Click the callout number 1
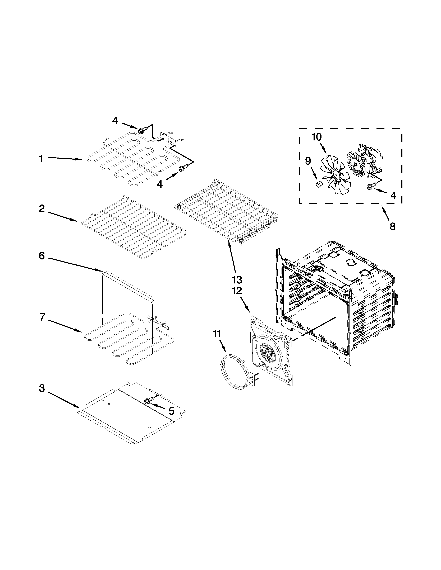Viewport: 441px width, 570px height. coord(41,159)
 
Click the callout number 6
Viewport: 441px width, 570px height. coord(42,256)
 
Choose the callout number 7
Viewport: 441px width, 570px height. coord(42,317)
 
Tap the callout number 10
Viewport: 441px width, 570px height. coord(317,137)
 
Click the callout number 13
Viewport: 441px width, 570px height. coord(237,280)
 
